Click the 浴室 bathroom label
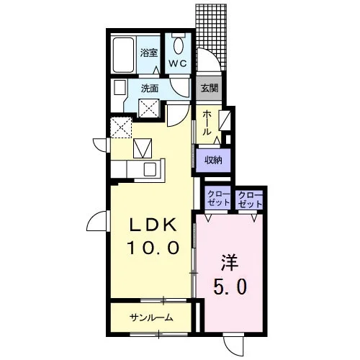pyautogui.click(x=149, y=53)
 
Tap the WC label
pyautogui.click(x=178, y=63)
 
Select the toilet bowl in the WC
pyautogui.click(x=178, y=46)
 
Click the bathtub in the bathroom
pyautogui.click(x=123, y=55)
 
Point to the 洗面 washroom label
pyautogui.click(x=150, y=89)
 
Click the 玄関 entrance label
pyautogui.click(x=210, y=89)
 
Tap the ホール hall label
pyautogui.click(x=207, y=123)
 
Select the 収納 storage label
pyautogui.click(x=213, y=160)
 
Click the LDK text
pyautogui.click(x=153, y=225)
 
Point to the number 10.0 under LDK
pyautogui.click(x=153, y=248)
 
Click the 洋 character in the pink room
pyautogui.click(x=230, y=263)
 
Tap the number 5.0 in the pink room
pyautogui.click(x=230, y=287)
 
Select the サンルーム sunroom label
pyautogui.click(x=151, y=318)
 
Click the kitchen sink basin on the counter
pyautogui.click(x=150, y=169)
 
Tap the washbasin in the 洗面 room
pyautogui.click(x=120, y=87)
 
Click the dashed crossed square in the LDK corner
pyautogui.click(x=121, y=127)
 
